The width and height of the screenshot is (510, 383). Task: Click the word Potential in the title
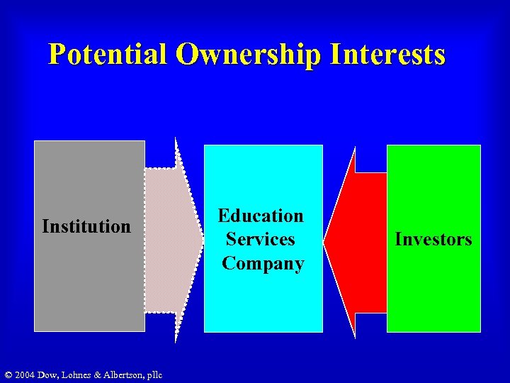pos(107,55)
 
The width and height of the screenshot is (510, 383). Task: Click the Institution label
pos(86,227)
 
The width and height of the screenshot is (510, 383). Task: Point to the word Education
pos(261,216)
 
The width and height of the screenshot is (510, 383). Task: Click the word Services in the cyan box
pos(261,240)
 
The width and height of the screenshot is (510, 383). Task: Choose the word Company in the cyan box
pos(263,264)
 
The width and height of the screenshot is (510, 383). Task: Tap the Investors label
pos(433,240)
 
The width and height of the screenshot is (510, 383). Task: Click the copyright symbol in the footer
pos(8,374)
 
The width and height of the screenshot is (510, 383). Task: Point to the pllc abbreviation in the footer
pos(154,374)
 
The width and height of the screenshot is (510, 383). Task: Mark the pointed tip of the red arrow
pos(325,241)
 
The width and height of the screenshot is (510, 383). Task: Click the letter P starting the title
pos(57,55)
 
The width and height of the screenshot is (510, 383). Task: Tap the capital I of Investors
pos(398,240)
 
